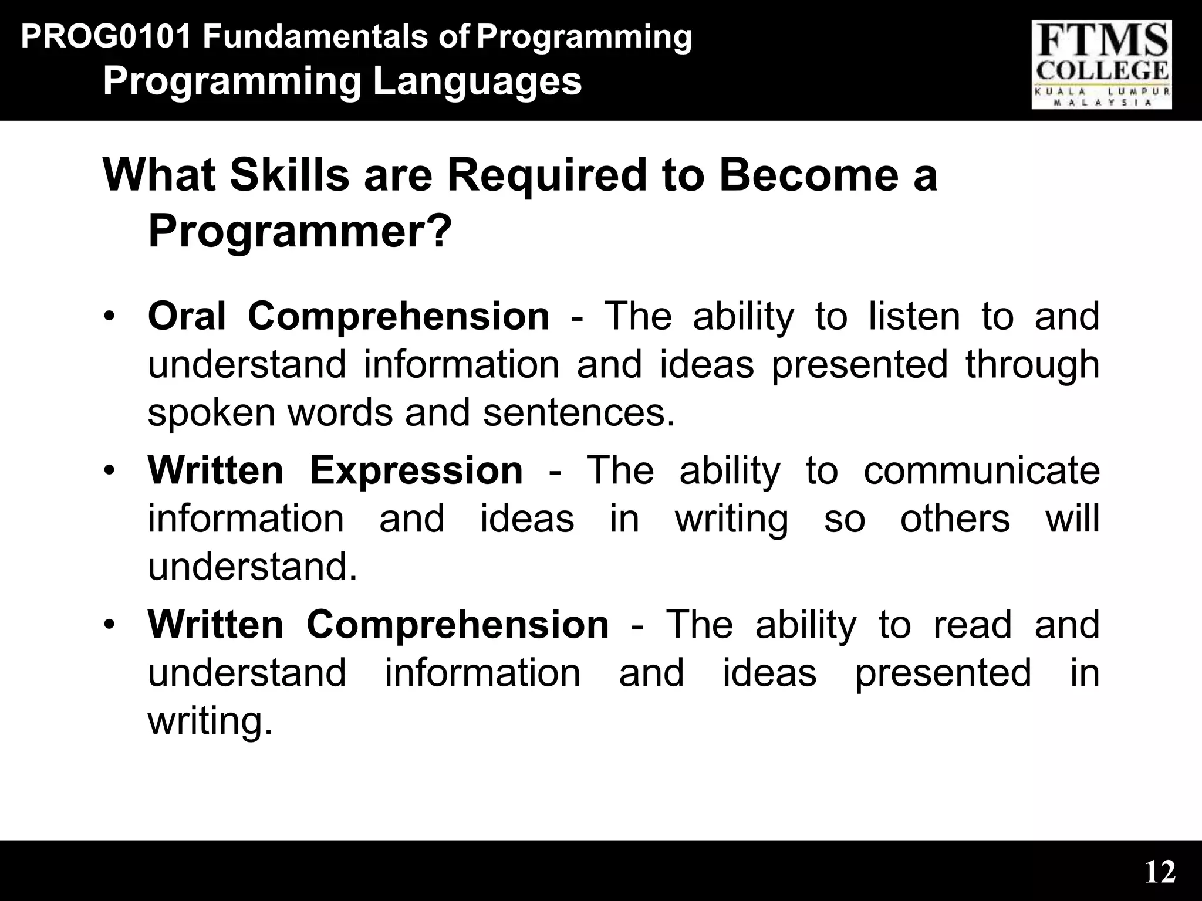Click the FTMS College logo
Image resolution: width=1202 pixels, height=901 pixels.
pyautogui.click(x=1101, y=65)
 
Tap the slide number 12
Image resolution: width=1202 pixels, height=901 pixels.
pyautogui.click(x=1160, y=872)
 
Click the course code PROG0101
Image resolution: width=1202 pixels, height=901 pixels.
pyautogui.click(x=106, y=37)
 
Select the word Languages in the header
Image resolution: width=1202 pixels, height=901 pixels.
pyautogui.click(x=477, y=82)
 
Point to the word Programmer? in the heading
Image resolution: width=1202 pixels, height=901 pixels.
pyautogui.click(x=300, y=232)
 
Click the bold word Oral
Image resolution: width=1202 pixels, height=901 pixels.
pyautogui.click(x=186, y=316)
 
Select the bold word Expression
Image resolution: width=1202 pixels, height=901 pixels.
pyautogui.click(x=416, y=470)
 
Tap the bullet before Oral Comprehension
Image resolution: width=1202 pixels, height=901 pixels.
pyautogui.click(x=108, y=317)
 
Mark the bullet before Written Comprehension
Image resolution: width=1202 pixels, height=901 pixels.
pyautogui.click(x=108, y=625)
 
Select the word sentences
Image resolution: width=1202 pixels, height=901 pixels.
pyautogui.click(x=578, y=412)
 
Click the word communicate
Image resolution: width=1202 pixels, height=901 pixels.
pyautogui.click(x=981, y=470)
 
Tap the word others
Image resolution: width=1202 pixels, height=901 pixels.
pyautogui.click(x=955, y=519)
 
